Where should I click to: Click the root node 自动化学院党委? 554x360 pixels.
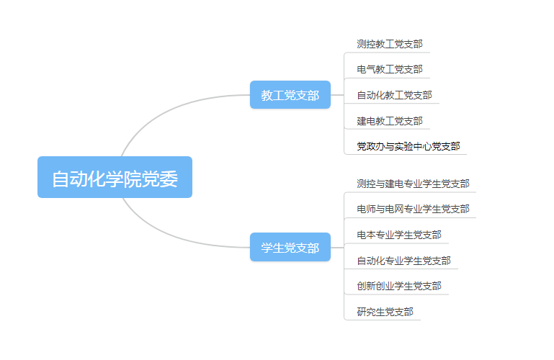click(115, 177)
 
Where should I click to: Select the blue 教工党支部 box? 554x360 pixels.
click(290, 95)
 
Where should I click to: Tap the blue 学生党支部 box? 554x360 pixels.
click(290, 248)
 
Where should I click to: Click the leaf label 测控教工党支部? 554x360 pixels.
click(389, 44)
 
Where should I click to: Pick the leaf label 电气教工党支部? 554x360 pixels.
click(389, 70)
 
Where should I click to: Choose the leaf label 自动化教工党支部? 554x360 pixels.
click(394, 95)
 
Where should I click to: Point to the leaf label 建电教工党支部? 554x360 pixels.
click(389, 121)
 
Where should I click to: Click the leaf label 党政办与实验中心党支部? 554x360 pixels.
click(408, 146)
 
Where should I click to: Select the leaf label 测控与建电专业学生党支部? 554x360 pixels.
click(413, 184)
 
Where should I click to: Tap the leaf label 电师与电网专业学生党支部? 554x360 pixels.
click(413, 210)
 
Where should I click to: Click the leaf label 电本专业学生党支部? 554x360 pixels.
click(398, 235)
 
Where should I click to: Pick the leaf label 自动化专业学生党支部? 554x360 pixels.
click(403, 261)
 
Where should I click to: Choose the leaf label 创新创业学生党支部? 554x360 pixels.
click(398, 286)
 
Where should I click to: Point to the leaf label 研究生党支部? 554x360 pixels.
click(385, 312)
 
